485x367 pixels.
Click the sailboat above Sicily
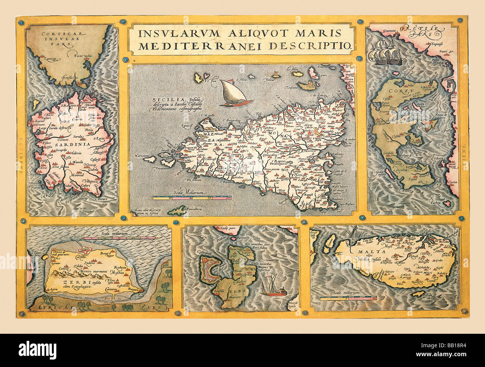232,93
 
